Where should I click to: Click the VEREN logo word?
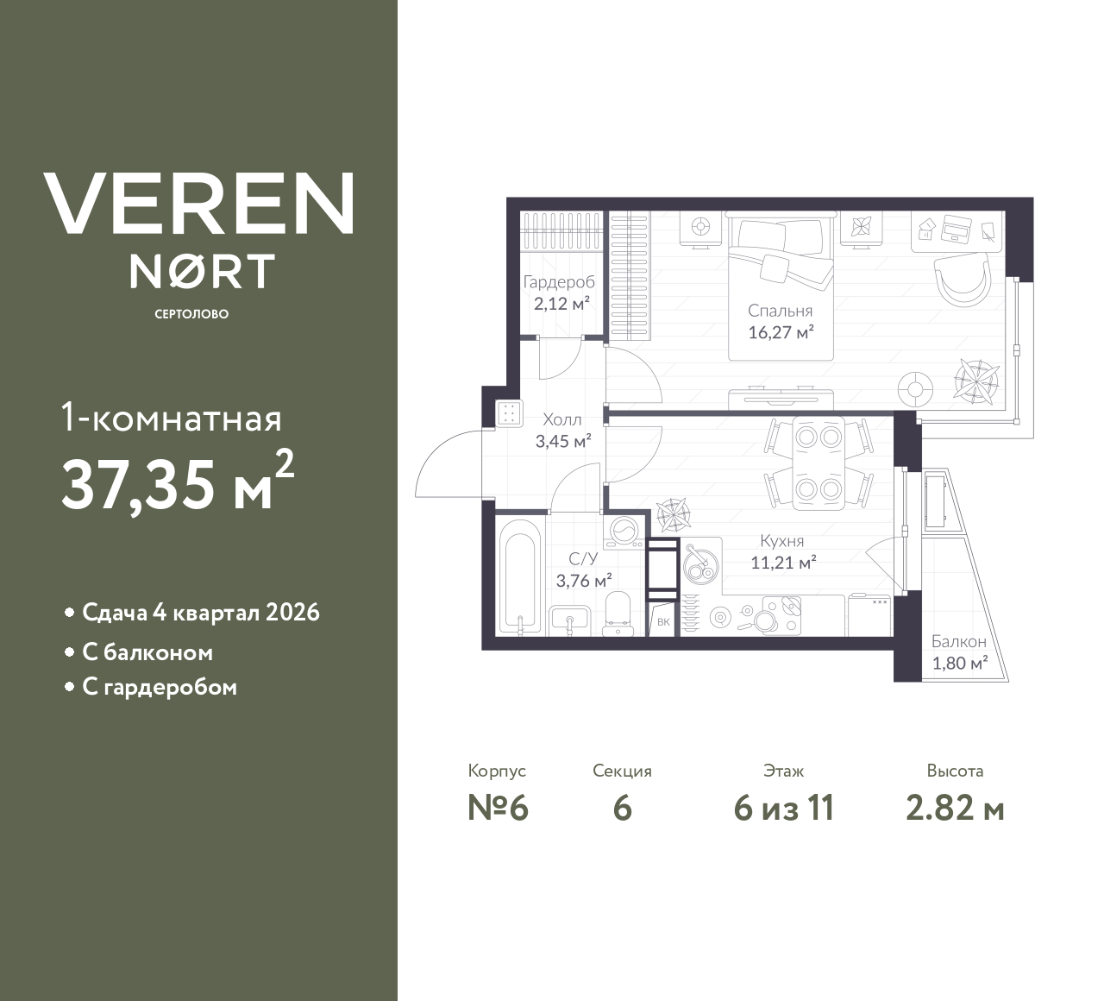pyautogui.click(x=199, y=204)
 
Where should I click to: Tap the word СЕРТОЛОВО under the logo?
pyautogui.click(x=191, y=314)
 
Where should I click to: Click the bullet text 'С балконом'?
pyautogui.click(x=147, y=652)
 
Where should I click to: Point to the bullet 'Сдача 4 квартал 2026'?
pyautogui.click(x=200, y=613)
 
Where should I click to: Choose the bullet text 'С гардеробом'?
pyautogui.click(x=160, y=688)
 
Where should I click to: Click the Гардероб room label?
pyautogui.click(x=559, y=283)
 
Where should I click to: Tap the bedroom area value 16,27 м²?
pyautogui.click(x=781, y=332)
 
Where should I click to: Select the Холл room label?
pyautogui.click(x=561, y=420)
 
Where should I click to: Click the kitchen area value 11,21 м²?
pyautogui.click(x=782, y=563)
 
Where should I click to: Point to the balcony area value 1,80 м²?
pyautogui.click(x=959, y=664)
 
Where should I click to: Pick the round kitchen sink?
pyautogui.click(x=700, y=566)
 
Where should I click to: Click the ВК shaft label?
pyautogui.click(x=662, y=621)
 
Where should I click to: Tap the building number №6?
pyautogui.click(x=498, y=809)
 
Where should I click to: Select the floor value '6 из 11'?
pyautogui.click(x=783, y=809)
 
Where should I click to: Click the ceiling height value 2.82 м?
pyautogui.click(x=955, y=809)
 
